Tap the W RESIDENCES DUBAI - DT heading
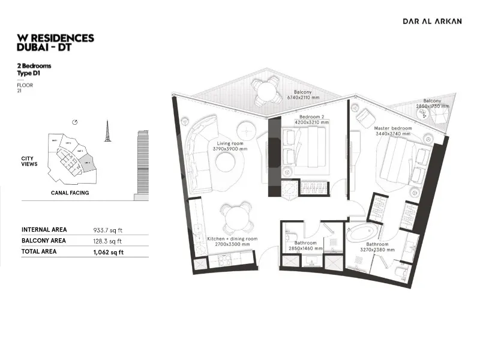56,43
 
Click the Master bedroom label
393,128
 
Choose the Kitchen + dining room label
232,239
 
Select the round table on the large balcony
265,92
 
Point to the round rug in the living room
227,163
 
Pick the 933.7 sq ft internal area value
108,230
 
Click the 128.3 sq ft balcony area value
108,241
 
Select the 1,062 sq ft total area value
109,252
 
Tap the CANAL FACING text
70,193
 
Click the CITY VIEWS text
30,161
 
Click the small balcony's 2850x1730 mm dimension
432,106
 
